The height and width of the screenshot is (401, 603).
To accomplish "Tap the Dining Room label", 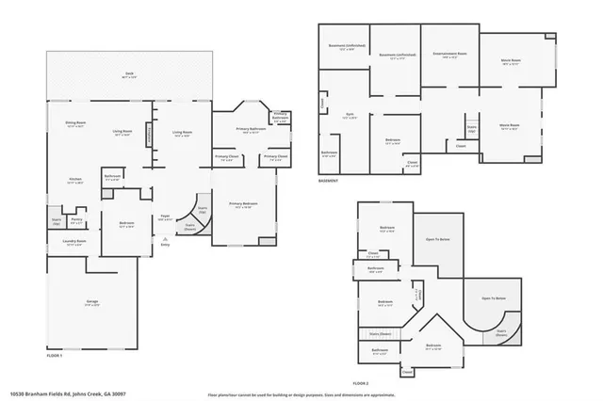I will coord(75,124).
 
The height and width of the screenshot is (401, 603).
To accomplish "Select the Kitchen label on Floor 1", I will coord(75,179).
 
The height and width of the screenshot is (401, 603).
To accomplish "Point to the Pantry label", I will coord(76,220).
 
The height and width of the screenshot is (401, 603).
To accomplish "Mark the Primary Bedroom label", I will coord(242,204).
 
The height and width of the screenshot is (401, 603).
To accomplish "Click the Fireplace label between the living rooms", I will coord(148,136).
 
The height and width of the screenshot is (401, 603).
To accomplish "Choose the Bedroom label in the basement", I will coord(393,141).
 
